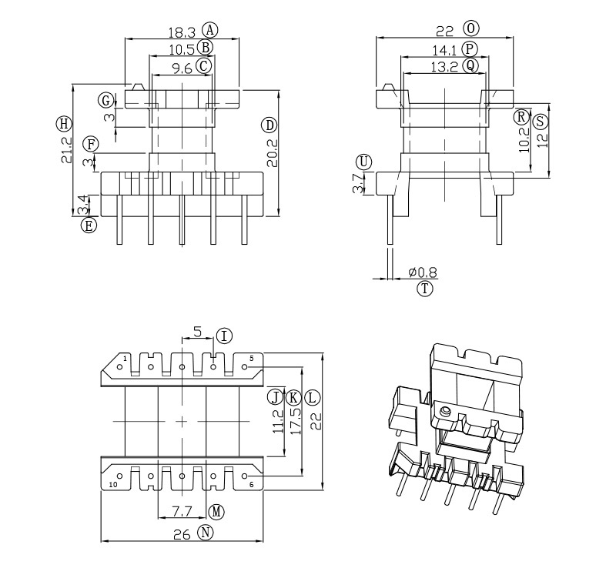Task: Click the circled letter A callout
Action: [x=210, y=30]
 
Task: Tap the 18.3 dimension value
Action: [x=182, y=32]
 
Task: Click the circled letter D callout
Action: [x=269, y=125]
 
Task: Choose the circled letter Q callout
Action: [x=470, y=66]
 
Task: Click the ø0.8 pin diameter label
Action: [x=423, y=272]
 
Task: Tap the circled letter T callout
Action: [x=425, y=289]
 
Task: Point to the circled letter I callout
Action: [x=224, y=336]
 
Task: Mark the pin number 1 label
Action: [x=125, y=358]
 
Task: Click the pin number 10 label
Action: [x=113, y=485]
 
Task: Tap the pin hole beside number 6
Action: [x=245, y=476]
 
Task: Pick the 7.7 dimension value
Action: [x=182, y=511]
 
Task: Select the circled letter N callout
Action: [x=204, y=532]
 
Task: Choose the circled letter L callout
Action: [x=311, y=398]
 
